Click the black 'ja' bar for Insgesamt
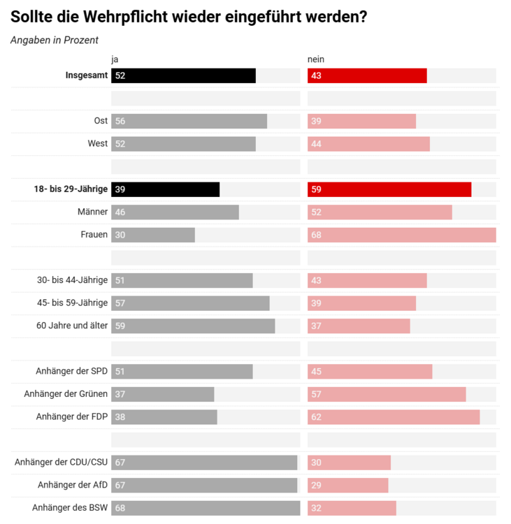183,75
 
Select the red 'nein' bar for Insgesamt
367,75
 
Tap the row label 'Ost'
101,121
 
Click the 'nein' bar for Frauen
401,235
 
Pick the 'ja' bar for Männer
175,212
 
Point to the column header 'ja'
115,59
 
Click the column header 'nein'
316,59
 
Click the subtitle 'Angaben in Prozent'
55,40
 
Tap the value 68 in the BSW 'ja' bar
120,508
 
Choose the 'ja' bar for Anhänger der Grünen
162,394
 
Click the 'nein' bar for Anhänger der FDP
394,417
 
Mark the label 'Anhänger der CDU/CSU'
61,463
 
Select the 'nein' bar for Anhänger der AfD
347,485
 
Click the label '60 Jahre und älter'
72,326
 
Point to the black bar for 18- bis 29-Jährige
165,189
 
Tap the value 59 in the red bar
316,189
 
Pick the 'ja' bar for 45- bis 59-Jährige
190,303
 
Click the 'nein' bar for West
368,144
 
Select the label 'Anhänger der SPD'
71,371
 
